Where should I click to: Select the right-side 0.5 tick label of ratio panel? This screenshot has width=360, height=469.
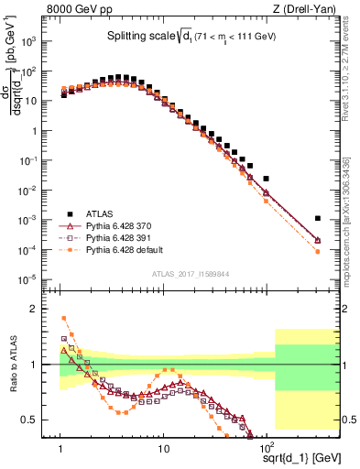click(335, 420)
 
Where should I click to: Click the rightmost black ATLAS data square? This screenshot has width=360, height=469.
click(317, 219)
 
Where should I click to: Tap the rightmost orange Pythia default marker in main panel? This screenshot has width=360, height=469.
click(317, 251)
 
